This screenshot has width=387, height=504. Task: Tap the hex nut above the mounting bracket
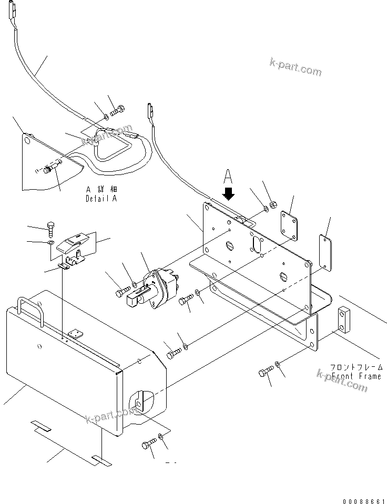273,204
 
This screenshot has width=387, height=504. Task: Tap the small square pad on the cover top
76,333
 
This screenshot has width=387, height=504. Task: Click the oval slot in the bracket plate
258,244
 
